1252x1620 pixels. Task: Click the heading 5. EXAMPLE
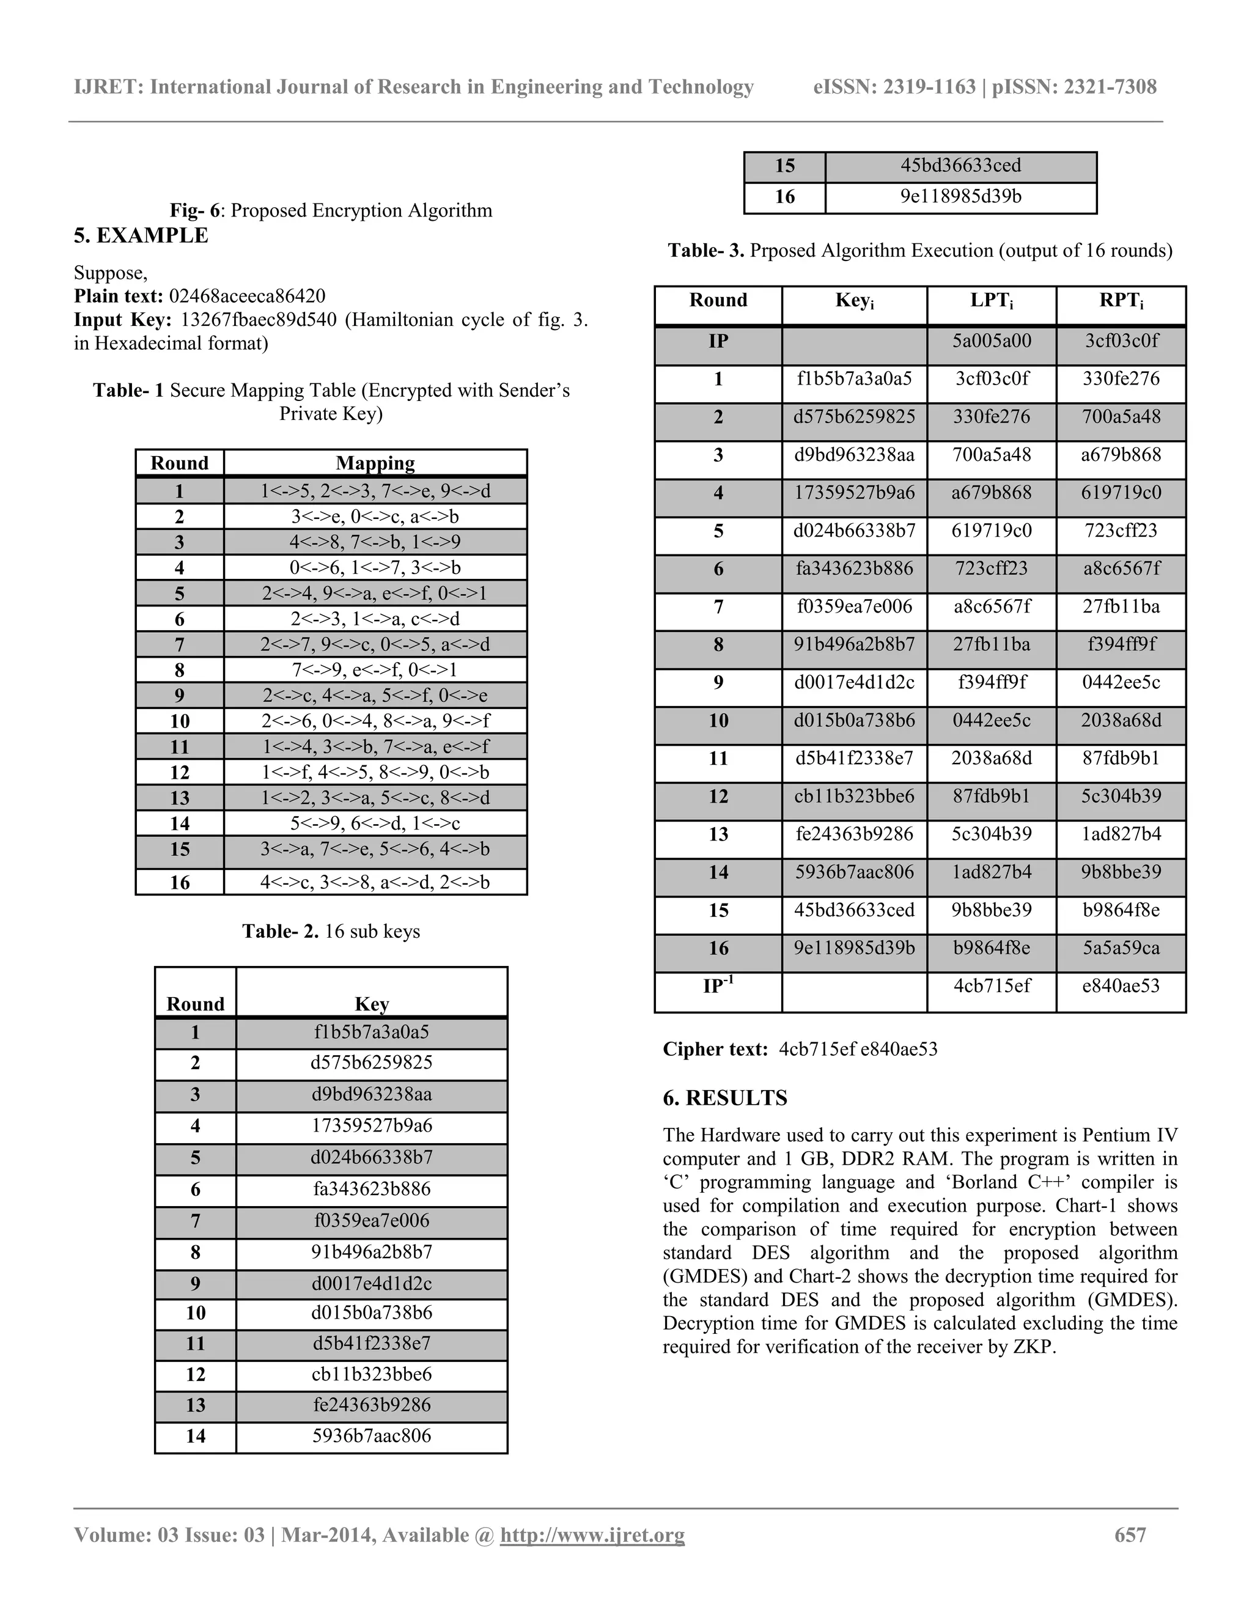pos(141,236)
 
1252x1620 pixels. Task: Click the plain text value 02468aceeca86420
pos(247,296)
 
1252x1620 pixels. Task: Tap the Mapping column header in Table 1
pos(375,463)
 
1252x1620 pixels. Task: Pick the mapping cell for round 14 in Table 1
pos(375,823)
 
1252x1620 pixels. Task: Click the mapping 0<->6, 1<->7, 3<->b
pos(375,568)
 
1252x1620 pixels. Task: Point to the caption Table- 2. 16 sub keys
pos(331,932)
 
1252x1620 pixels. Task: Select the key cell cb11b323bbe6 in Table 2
pos(372,1374)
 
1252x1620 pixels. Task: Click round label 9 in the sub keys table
pos(195,1284)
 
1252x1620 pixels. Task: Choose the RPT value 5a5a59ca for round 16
pos(1121,948)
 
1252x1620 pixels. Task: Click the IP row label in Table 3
pos(718,341)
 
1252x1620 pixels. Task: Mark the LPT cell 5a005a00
pos(991,341)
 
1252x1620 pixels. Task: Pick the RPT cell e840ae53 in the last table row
pos(1121,986)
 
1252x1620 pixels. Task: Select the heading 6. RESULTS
pos(724,1099)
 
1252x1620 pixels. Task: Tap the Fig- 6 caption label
pos(194,211)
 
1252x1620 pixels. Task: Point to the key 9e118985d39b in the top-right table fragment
pos(960,197)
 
